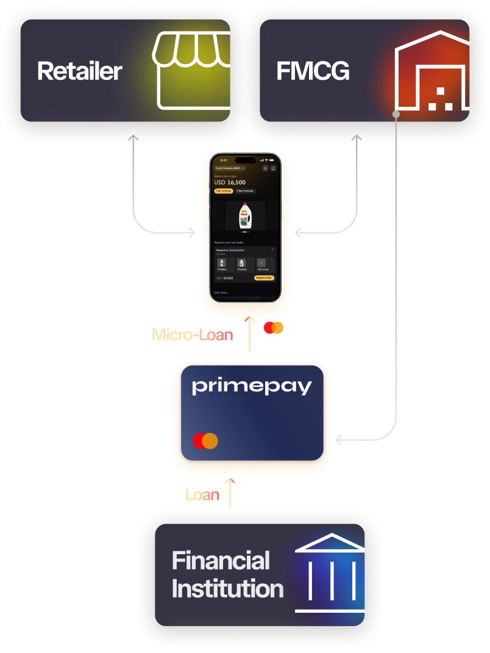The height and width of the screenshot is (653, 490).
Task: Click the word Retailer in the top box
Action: pos(79,71)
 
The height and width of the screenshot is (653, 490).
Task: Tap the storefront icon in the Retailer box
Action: pos(191,71)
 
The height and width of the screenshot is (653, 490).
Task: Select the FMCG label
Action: pos(313,71)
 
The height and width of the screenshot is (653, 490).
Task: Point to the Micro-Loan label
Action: pos(192,334)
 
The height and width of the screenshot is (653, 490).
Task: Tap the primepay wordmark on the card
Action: pos(252,387)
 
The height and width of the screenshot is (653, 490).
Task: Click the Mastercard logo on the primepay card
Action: pos(205,441)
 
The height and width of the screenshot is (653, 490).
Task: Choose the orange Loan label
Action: pos(202,494)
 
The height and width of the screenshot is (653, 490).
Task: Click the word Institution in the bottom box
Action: pos(227,589)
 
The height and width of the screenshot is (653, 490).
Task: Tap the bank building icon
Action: pos(330,573)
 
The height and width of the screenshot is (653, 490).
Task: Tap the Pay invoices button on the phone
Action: pos(224,191)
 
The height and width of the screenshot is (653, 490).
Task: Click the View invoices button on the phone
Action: pos(244,191)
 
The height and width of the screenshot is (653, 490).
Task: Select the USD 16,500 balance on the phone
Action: pos(230,182)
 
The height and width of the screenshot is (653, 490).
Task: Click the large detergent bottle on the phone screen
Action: pos(245,215)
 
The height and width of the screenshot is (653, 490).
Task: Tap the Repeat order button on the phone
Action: pos(264,277)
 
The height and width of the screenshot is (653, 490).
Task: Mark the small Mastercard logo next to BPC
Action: pos(273,328)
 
